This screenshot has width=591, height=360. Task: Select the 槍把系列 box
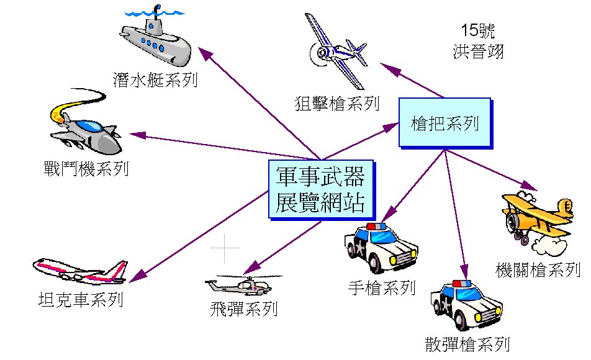pyautogui.click(x=444, y=123)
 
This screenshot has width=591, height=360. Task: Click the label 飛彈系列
pyautogui.click(x=244, y=307)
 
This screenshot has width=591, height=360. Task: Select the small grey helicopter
pyautogui.click(x=242, y=286)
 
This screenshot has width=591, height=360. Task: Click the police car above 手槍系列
pyautogui.click(x=381, y=248)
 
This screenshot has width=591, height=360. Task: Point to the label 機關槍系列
pyautogui.click(x=538, y=270)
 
